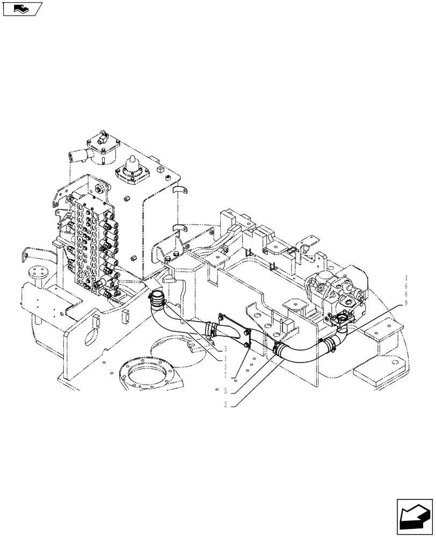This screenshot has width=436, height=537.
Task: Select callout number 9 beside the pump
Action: [x=406, y=302]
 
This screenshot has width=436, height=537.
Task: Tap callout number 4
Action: [x=406, y=278]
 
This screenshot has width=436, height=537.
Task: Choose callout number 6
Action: [x=406, y=286]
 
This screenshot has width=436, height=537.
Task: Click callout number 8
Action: [x=406, y=294]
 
